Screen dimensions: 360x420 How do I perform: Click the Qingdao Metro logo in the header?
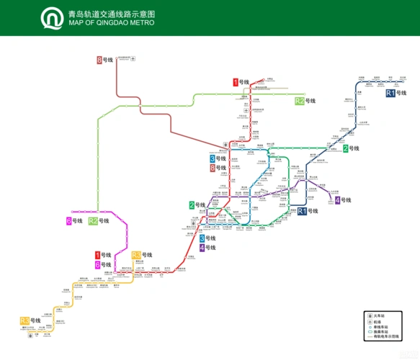(x=51, y=18)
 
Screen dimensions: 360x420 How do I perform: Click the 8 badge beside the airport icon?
(x=99, y=60)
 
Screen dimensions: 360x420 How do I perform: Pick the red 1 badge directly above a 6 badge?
(x=99, y=255)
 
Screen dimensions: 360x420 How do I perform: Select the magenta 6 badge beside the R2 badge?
(x=69, y=221)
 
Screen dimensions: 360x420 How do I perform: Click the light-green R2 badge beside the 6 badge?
(x=93, y=221)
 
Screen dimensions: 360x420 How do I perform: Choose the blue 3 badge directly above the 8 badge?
(x=213, y=158)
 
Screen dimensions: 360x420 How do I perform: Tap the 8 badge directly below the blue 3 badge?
(x=213, y=168)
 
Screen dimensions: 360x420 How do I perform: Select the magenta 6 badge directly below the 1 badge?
(x=99, y=265)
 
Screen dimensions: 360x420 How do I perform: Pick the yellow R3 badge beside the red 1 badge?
(x=136, y=255)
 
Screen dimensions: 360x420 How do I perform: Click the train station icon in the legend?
(x=368, y=315)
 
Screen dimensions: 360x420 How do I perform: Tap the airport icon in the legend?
(x=368, y=321)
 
